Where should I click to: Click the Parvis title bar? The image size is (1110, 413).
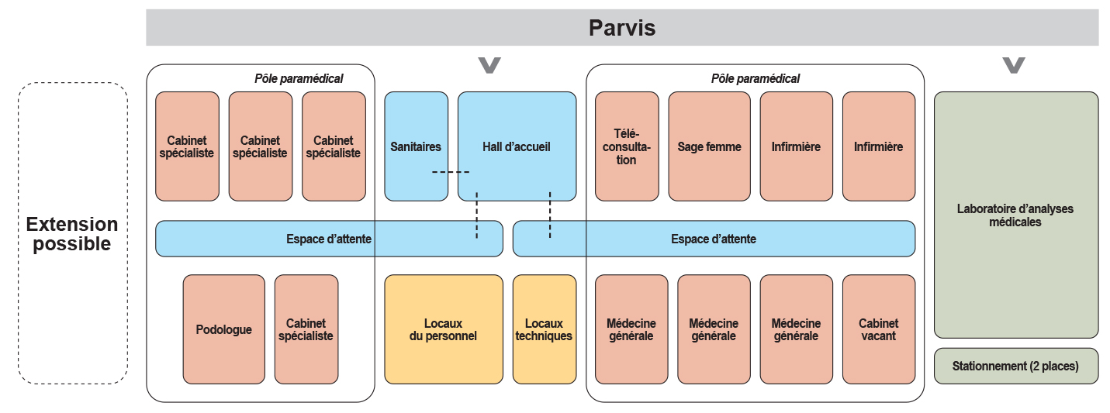622,28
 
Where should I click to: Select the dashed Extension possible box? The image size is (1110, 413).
72,233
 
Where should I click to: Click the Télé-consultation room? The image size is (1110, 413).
627,146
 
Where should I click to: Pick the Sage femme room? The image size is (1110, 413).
709,146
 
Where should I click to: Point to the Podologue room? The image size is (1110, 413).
223,329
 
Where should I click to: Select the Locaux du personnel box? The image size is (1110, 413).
444,329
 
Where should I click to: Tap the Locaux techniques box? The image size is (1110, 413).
544,329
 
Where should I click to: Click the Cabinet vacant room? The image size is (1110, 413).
878,329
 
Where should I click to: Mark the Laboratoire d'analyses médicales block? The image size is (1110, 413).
1015,215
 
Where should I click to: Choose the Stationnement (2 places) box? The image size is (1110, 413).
1015,366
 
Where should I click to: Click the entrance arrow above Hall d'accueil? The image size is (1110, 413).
489,65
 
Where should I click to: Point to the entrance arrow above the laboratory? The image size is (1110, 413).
1014,65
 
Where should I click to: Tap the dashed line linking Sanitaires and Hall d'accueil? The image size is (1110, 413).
450,171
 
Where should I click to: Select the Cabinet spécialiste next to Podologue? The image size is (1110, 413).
306,329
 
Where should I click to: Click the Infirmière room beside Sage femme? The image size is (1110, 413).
796,146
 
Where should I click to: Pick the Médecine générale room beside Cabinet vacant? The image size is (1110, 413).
796,329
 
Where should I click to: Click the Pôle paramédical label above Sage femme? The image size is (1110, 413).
755,78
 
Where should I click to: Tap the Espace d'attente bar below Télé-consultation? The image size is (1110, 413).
714,239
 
